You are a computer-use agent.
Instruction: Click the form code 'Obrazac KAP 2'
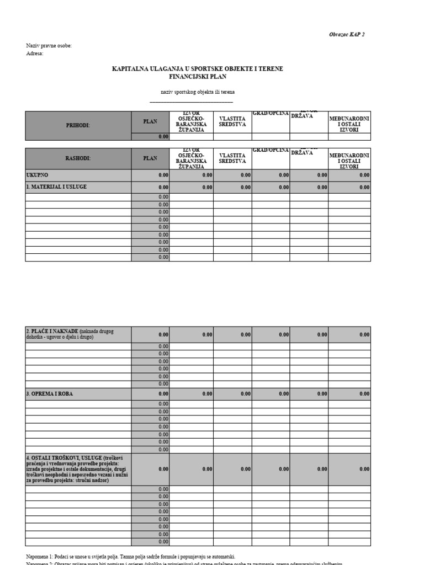point(347,34)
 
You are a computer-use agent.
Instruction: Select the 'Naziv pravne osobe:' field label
point(49,46)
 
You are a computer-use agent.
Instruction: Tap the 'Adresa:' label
point(35,54)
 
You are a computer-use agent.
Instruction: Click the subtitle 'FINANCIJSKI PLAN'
point(198,77)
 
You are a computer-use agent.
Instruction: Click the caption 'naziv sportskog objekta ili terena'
point(197,92)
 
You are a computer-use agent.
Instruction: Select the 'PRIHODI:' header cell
point(78,125)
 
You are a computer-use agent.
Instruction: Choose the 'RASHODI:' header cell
point(78,158)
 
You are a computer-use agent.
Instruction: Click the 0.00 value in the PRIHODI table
point(163,137)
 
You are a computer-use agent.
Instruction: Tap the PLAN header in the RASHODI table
point(150,158)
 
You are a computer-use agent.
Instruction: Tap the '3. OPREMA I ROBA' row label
point(49,394)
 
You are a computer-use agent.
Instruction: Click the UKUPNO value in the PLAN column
point(163,175)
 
